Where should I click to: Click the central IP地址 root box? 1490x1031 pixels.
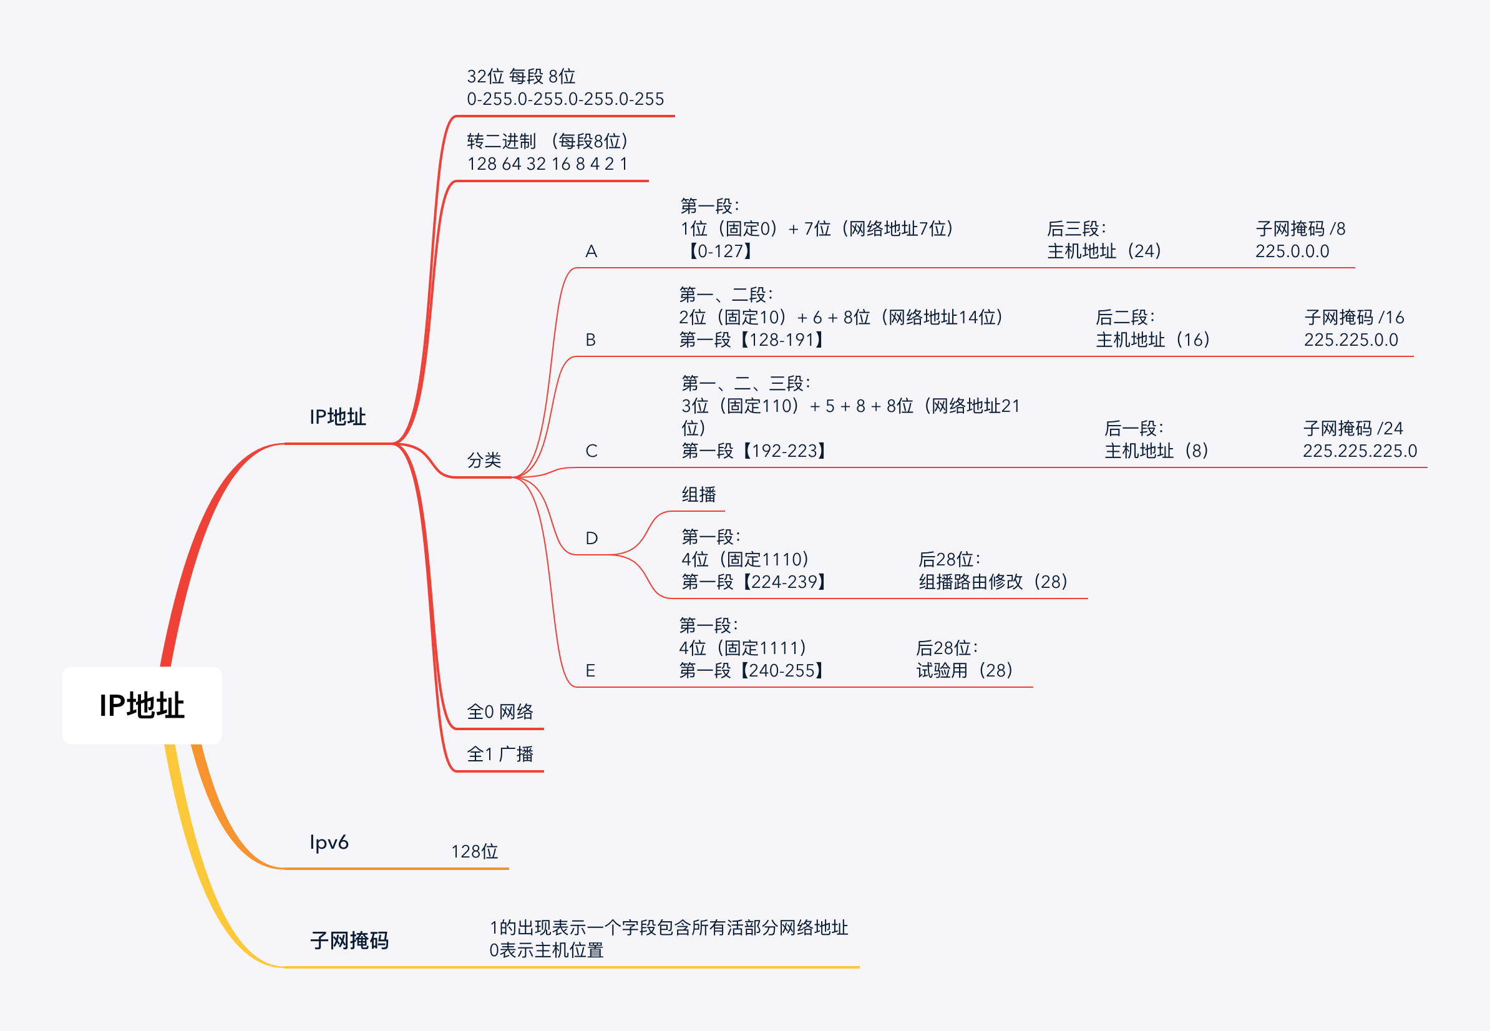(142, 705)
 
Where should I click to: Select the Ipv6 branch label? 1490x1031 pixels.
(329, 842)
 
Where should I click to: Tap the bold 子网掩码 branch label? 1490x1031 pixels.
(349, 940)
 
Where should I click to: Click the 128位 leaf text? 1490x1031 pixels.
(474, 851)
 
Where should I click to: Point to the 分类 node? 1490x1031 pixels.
(484, 460)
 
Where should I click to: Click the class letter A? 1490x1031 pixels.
(591, 252)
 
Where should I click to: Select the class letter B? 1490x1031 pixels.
(590, 340)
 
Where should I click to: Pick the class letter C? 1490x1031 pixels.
(591, 451)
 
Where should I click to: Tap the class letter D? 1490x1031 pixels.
(591, 538)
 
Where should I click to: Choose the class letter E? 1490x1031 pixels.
(590, 670)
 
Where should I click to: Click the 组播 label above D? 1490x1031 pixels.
(699, 495)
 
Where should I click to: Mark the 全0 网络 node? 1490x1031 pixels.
(500, 712)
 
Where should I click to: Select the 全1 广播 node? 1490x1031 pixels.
(500, 754)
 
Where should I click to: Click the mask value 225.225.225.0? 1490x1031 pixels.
(1360, 451)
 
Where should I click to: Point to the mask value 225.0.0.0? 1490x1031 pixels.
(1292, 252)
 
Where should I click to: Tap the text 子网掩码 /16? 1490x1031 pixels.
(1354, 317)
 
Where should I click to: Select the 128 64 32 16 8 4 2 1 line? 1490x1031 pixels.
(547, 164)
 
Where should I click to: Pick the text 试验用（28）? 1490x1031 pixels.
(964, 670)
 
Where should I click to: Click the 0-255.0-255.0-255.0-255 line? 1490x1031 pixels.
(565, 99)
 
